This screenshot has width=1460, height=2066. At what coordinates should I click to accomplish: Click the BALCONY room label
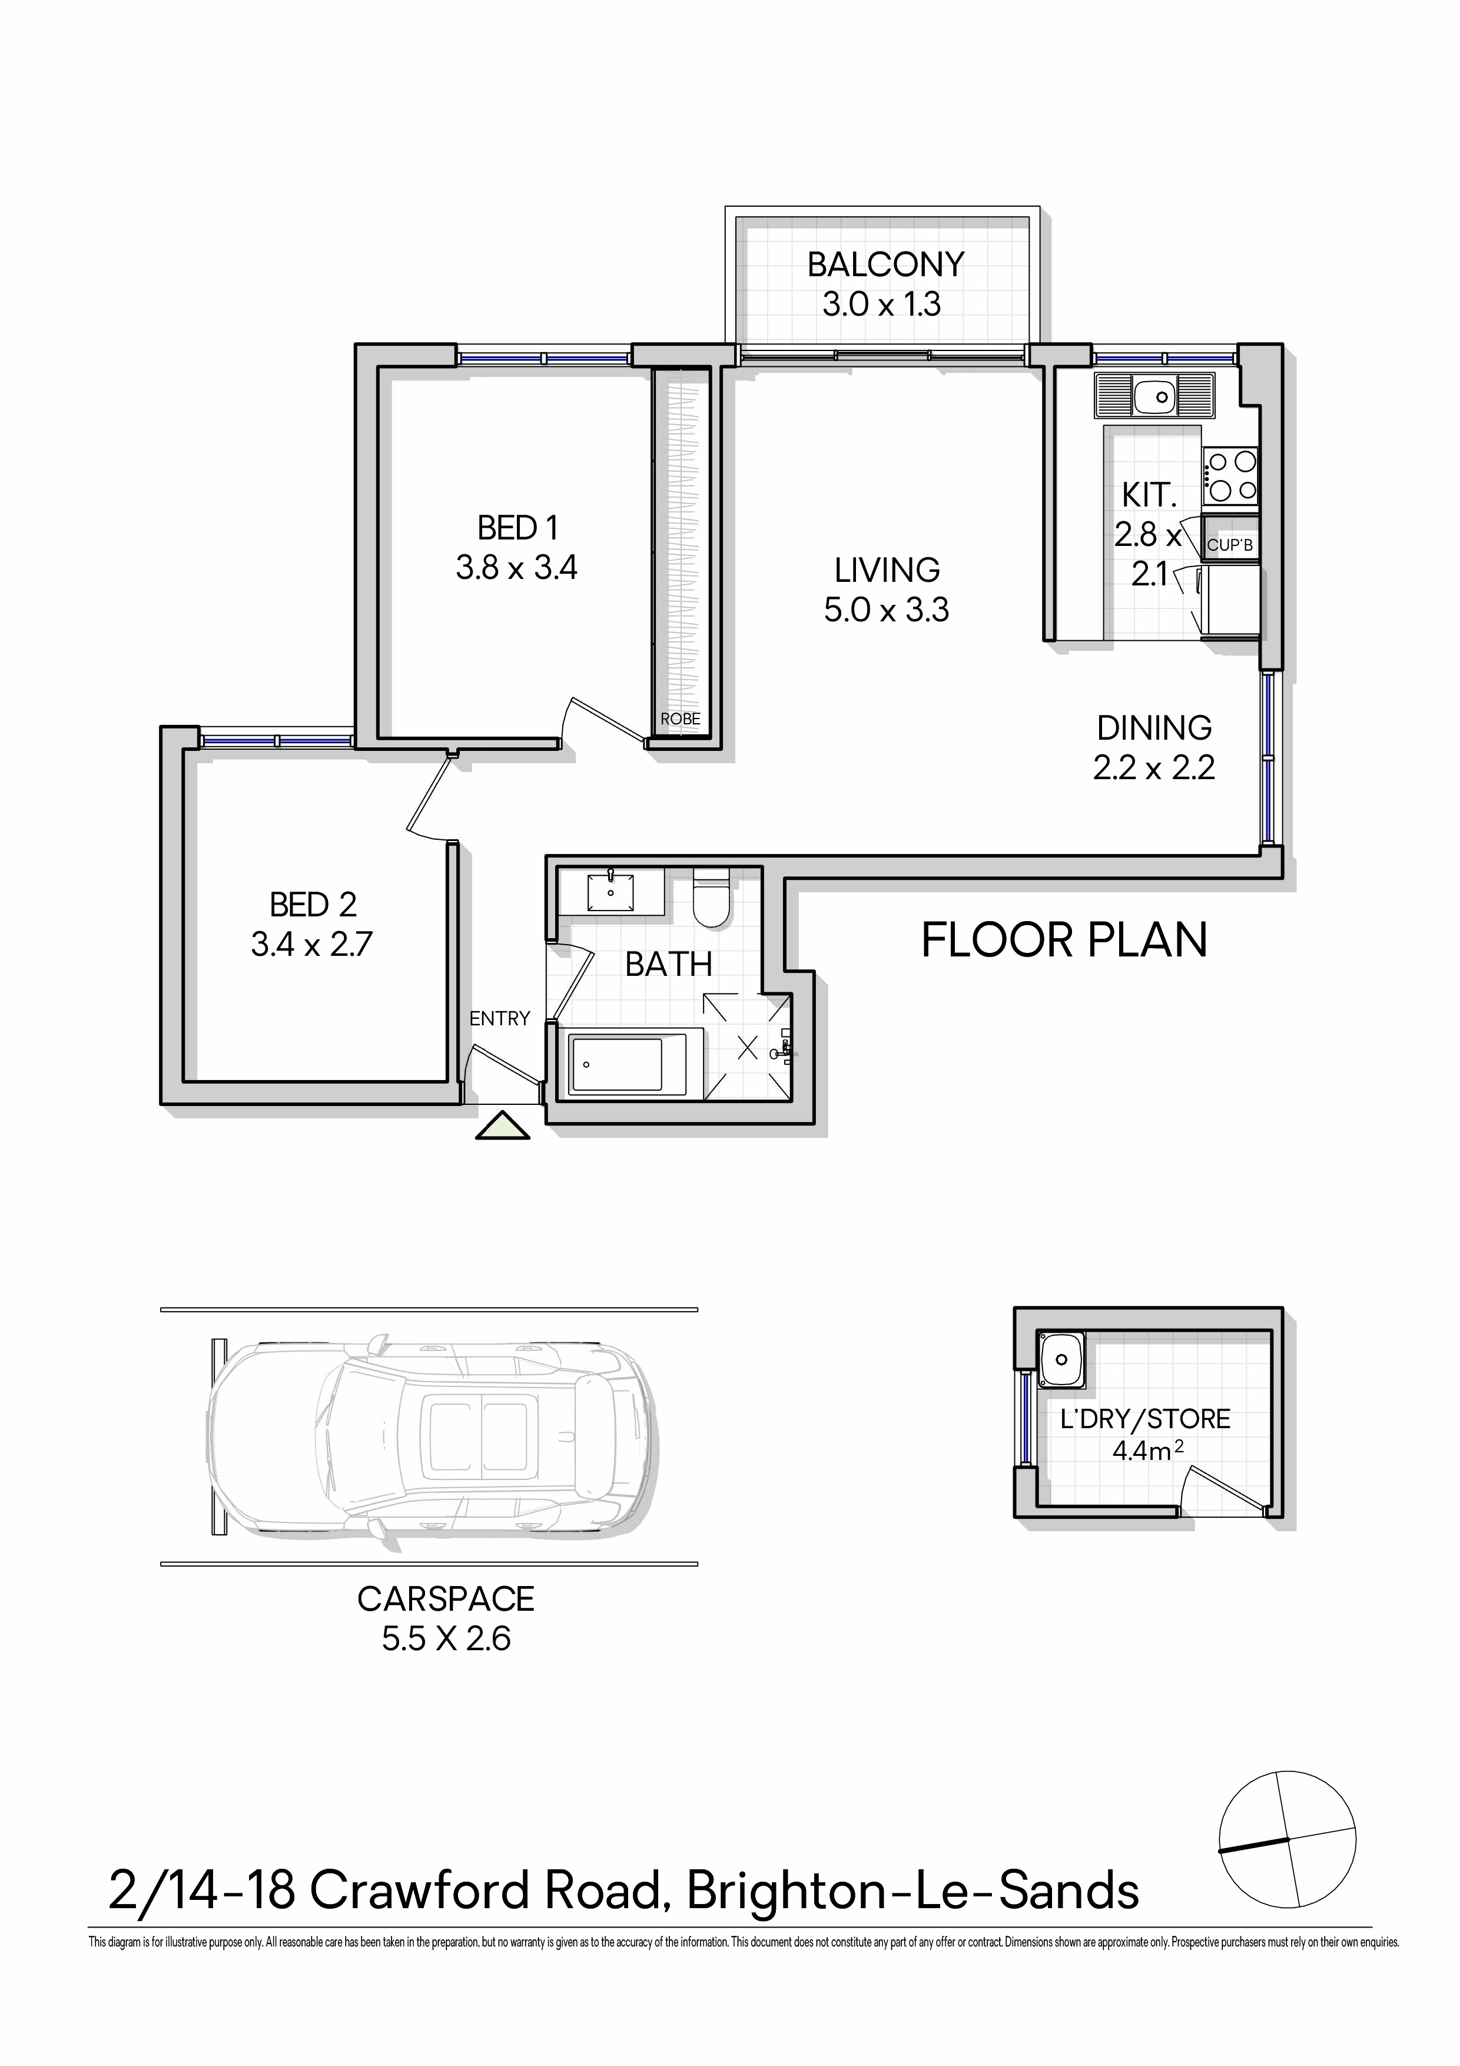pyautogui.click(x=885, y=264)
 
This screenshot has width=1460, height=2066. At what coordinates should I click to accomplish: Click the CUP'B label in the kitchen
pyautogui.click(x=1230, y=545)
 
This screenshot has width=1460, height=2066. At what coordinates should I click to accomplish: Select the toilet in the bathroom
pyautogui.click(x=714, y=896)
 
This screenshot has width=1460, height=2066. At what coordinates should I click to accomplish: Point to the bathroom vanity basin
pyautogui.click(x=611, y=892)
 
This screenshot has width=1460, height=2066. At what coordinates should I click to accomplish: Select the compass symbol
pyautogui.click(x=1288, y=1840)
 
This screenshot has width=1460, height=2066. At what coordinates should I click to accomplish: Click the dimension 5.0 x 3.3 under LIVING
pyautogui.click(x=886, y=610)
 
